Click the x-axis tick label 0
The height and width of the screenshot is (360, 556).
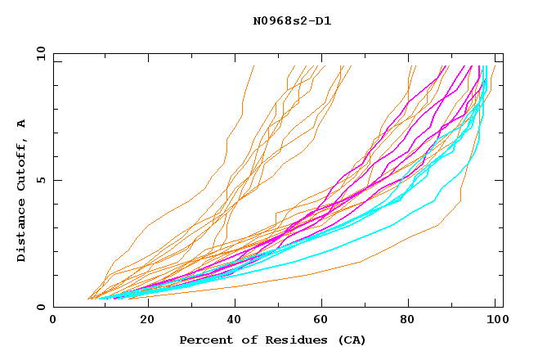[54, 322]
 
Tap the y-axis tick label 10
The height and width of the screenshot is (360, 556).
[39, 53]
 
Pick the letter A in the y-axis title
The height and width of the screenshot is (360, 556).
[21, 123]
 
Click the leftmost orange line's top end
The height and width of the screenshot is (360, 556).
[254, 66]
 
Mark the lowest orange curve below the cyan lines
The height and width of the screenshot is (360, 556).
[360, 262]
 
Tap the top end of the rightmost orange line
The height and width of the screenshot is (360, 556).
[494, 66]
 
